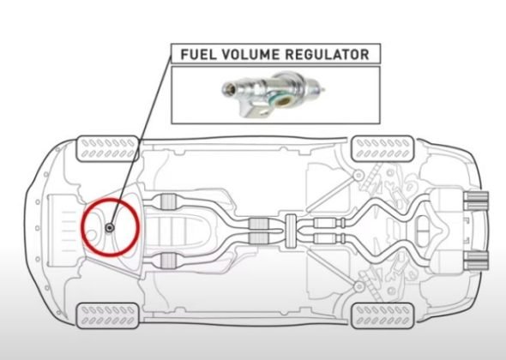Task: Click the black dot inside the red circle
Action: point(113,227)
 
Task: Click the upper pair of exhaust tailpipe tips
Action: point(477,202)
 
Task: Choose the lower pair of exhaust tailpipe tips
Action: point(477,259)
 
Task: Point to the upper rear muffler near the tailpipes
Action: point(449,207)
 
